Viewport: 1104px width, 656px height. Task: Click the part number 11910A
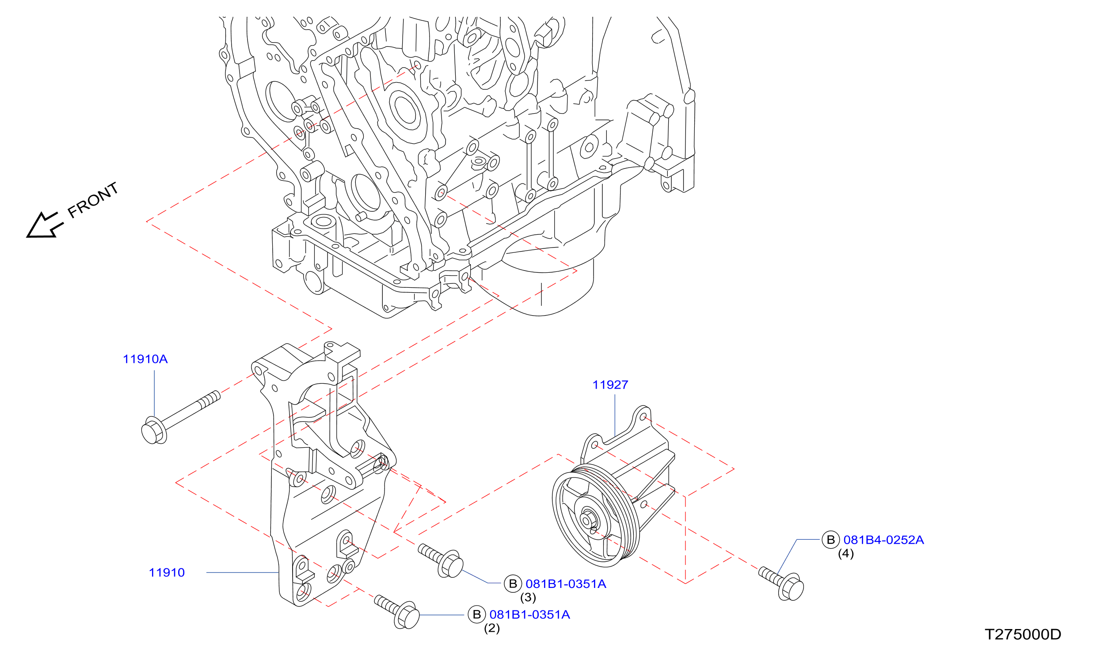click(x=145, y=359)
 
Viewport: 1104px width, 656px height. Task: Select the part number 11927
click(x=610, y=385)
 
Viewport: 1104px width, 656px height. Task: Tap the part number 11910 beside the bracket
click(x=167, y=573)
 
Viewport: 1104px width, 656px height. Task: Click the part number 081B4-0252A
click(x=883, y=540)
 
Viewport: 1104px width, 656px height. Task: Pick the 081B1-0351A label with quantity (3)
click(x=566, y=584)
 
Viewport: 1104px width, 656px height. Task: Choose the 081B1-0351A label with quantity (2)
click(x=529, y=615)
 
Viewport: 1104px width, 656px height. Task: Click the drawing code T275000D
click(x=1023, y=635)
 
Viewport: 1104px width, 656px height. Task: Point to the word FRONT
click(x=93, y=200)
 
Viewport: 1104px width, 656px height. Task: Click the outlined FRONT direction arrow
click(x=45, y=225)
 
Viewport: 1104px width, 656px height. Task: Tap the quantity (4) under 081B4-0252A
click(x=846, y=554)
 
